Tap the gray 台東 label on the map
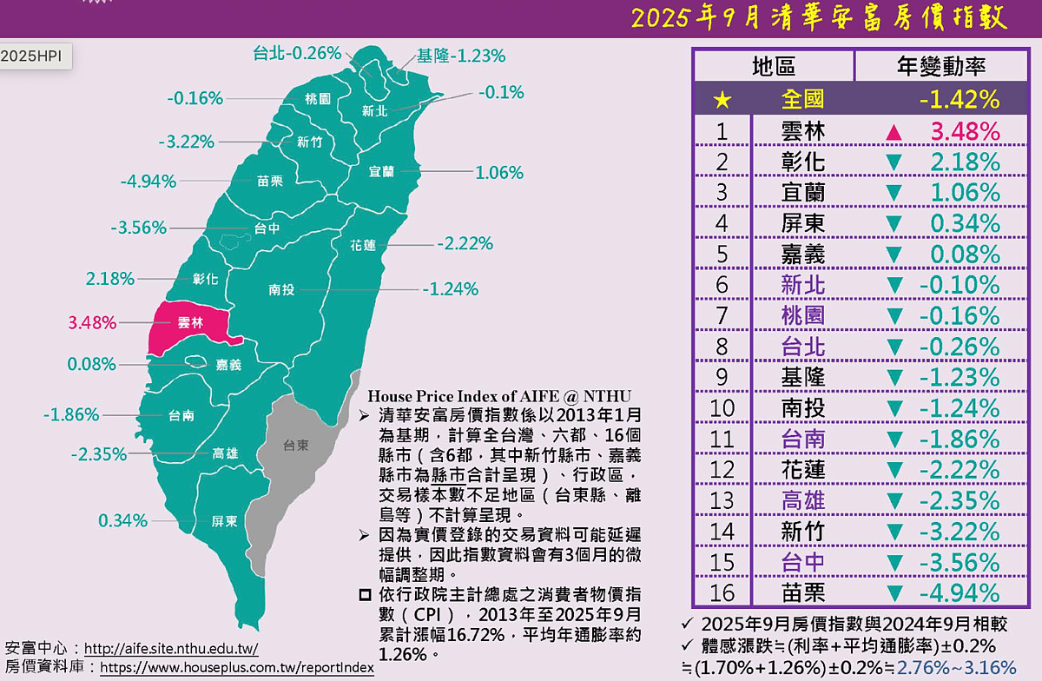tap(296, 446)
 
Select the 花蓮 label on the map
tap(364, 245)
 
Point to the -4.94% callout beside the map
tap(148, 182)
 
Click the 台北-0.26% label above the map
tap(297, 53)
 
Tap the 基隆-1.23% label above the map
tap(461, 56)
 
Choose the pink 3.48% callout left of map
tap(92, 323)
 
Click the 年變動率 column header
tap(934, 66)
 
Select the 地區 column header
tap(774, 66)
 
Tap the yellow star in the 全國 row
tap(722, 100)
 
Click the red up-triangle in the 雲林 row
tap(894, 132)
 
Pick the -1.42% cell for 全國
tap(960, 100)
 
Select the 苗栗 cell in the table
tap(802, 593)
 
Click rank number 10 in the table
tap(722, 408)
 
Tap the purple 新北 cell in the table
tap(802, 285)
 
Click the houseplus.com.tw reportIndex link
tap(237, 668)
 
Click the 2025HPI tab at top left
tap(31, 56)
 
